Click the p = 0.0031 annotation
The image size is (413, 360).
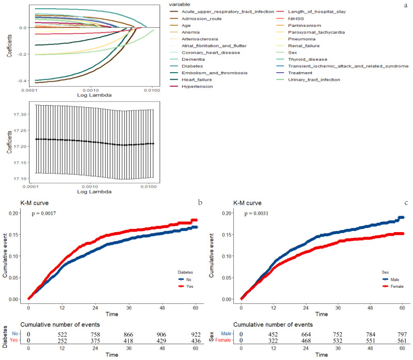(x=260, y=212)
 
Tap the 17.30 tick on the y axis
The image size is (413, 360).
(x=18, y=113)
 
